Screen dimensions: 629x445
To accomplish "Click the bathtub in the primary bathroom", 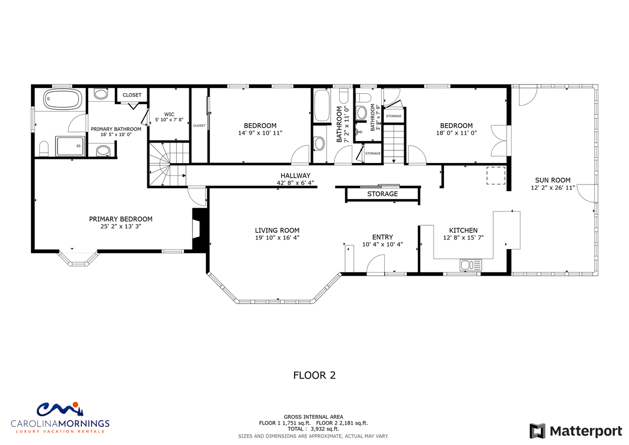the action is point(62,99).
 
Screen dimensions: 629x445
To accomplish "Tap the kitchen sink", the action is point(470,265).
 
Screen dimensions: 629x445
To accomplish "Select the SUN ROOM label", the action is point(552,180).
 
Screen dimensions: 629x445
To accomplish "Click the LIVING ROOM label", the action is point(277,231).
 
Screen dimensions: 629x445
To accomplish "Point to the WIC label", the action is point(169,114).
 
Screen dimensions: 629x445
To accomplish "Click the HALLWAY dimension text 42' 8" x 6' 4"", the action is point(295,183).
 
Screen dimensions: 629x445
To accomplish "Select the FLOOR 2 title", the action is point(314,375).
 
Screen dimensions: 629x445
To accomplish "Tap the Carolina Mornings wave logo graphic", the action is point(60,410).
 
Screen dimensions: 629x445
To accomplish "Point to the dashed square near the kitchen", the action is point(496,176).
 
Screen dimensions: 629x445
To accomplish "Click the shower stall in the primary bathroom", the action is point(70,146).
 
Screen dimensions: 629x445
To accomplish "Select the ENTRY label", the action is point(382,237).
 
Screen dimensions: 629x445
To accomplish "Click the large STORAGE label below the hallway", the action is point(383,194).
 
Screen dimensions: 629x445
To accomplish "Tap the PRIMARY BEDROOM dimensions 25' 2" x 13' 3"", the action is point(121,226).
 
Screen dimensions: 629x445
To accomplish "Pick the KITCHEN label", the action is point(463,231).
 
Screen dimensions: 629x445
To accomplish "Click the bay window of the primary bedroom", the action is point(78,258).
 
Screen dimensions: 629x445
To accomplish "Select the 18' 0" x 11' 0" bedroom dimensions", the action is point(457,133).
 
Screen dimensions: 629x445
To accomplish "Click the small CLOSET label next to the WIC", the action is point(199,125).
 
